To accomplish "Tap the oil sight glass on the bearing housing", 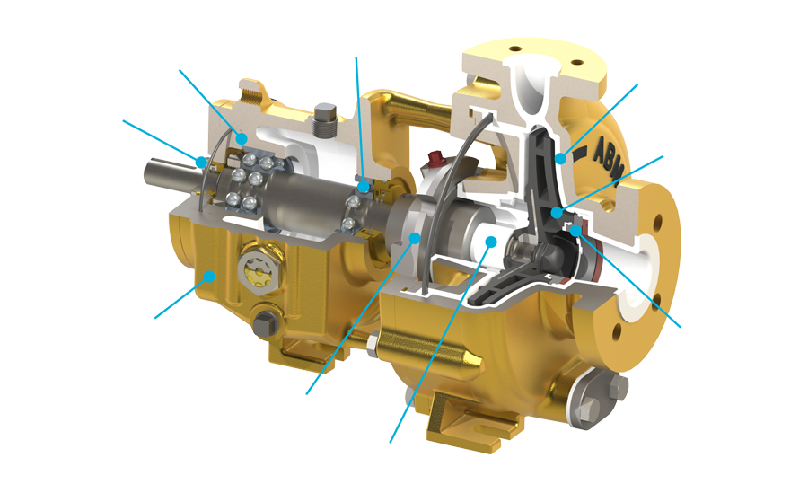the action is pyautogui.click(x=257, y=269).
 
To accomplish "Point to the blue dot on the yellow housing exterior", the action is pyautogui.click(x=208, y=277).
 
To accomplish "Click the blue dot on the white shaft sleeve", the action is pyautogui.click(x=490, y=241).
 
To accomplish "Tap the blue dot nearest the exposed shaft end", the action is pyautogui.click(x=200, y=162).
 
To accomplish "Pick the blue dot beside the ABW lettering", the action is pyautogui.click(x=561, y=158).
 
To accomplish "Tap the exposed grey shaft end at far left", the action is pyautogui.click(x=165, y=172).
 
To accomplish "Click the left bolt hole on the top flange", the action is pyautogui.click(x=514, y=49).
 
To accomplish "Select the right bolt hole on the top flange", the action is pyautogui.click(x=577, y=62).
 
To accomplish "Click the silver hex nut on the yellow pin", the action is pyautogui.click(x=372, y=344).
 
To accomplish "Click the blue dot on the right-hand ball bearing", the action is pyautogui.click(x=364, y=186).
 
